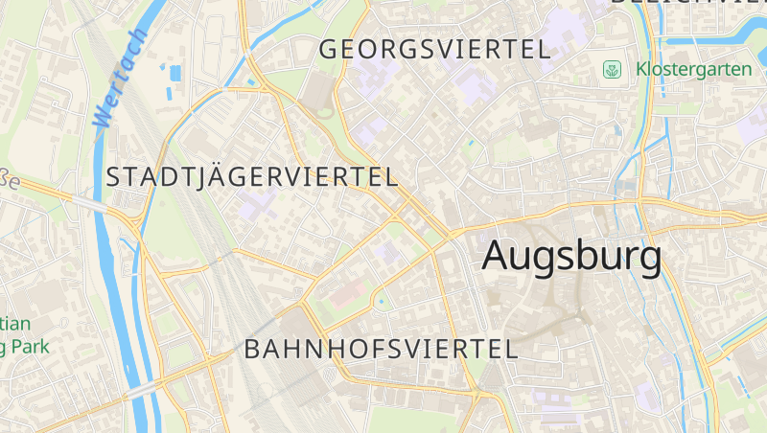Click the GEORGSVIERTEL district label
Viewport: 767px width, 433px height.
click(434, 49)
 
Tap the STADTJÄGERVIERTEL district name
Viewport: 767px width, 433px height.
click(252, 177)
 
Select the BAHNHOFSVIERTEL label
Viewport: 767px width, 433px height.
click(381, 349)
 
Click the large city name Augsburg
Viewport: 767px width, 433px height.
click(571, 256)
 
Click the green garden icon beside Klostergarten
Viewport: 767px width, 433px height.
click(611, 70)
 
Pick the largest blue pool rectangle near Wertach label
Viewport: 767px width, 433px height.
click(174, 71)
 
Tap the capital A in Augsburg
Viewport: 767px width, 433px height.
click(500, 256)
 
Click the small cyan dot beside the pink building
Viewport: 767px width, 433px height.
click(382, 303)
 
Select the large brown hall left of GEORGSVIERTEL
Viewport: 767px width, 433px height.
click(315, 92)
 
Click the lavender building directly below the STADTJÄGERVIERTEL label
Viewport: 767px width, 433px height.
click(256, 203)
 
